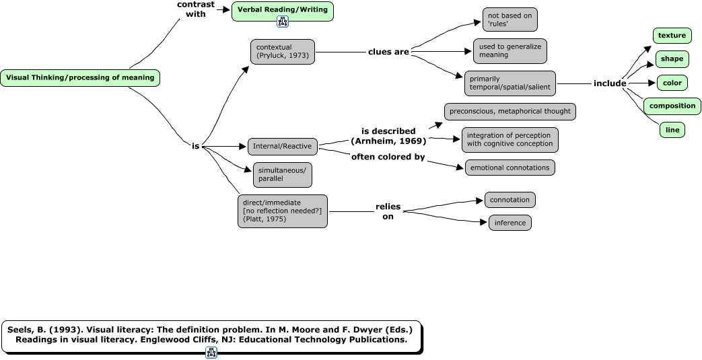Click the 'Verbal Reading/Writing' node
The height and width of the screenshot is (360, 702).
pyautogui.click(x=283, y=10)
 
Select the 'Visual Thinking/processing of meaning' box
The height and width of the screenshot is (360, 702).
pyautogui.click(x=80, y=77)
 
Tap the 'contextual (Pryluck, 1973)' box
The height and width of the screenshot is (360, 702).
pyautogui.click(x=282, y=51)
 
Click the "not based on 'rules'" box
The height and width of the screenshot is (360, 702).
pyautogui.click(x=510, y=20)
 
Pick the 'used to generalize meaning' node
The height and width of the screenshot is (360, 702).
pyautogui.click(x=510, y=51)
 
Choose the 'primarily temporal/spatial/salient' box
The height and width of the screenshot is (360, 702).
pyautogui.click(x=510, y=83)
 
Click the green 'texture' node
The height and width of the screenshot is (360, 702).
pyautogui.click(x=672, y=36)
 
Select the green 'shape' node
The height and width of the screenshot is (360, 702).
pyautogui.click(x=672, y=59)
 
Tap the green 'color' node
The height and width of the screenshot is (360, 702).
pyautogui.click(x=672, y=83)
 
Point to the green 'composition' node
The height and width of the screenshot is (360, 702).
pyautogui.click(x=672, y=106)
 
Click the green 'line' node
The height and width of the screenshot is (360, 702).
pyautogui.click(x=672, y=129)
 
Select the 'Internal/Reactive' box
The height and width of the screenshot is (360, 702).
pyautogui.click(x=282, y=146)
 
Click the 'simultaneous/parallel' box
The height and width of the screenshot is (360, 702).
pyautogui.click(x=282, y=175)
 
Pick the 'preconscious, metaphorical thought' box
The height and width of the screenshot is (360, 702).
pyautogui.click(x=510, y=111)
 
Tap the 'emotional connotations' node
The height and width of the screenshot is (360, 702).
pyautogui.click(x=510, y=168)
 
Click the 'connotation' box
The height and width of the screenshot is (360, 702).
pyautogui.click(x=510, y=200)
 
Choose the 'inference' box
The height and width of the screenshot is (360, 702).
pyautogui.click(x=510, y=223)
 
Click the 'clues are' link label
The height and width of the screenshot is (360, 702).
pyautogui.click(x=388, y=52)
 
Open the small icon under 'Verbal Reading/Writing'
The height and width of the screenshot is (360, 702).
pyautogui.click(x=283, y=22)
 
